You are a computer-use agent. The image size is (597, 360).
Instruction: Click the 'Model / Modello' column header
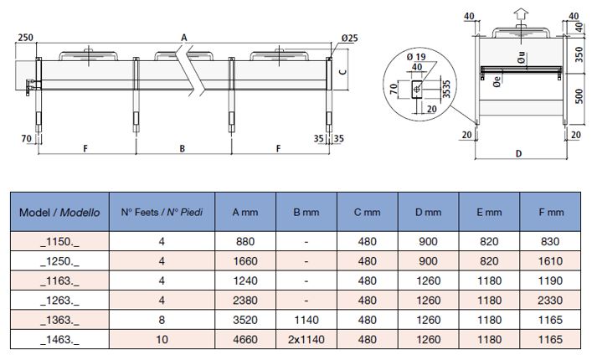[59, 213]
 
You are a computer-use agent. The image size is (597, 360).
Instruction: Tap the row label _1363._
[59, 321]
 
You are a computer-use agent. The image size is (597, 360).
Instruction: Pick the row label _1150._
[59, 241]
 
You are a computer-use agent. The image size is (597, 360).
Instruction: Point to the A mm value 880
[245, 241]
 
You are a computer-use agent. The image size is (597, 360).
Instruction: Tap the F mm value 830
[551, 241]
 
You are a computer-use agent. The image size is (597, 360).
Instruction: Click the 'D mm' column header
[429, 213]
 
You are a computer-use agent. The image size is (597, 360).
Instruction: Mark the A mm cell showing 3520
[245, 321]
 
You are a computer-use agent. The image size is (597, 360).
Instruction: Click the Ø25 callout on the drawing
[349, 38]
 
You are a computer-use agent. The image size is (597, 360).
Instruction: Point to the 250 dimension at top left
[24, 38]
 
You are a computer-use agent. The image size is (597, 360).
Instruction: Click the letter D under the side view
[519, 154]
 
